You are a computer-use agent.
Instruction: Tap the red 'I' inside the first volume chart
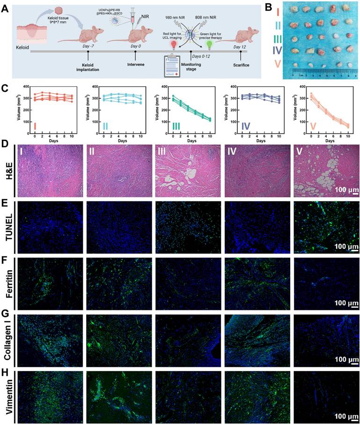[35, 127]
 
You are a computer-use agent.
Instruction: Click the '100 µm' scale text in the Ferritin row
[343, 303]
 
